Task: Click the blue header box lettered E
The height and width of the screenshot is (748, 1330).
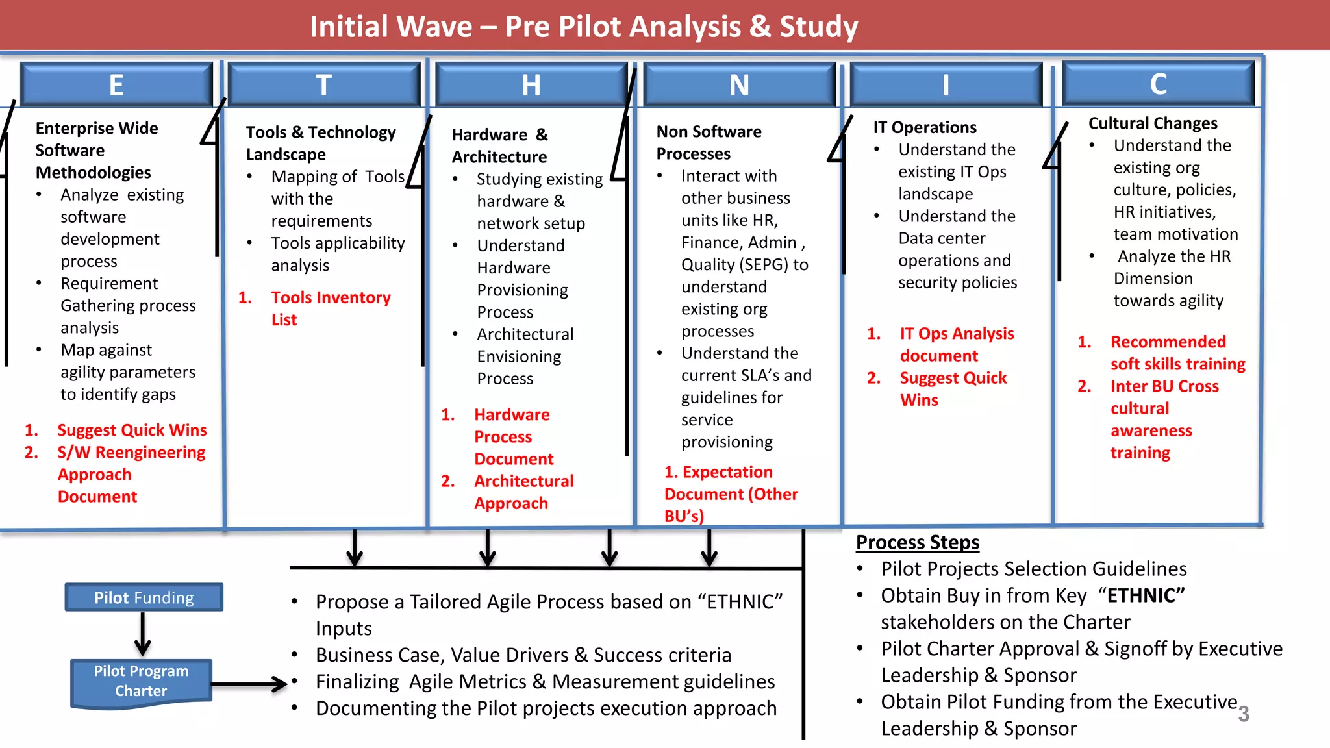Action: point(117,85)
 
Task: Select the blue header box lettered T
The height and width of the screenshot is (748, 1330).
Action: point(323,85)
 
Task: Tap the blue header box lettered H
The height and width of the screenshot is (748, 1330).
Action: point(531,85)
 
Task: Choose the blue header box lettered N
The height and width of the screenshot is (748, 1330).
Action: point(738,85)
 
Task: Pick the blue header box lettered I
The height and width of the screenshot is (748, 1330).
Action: point(945,85)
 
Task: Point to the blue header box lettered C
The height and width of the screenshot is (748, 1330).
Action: point(1158,84)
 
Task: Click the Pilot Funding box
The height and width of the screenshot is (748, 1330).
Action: point(144,597)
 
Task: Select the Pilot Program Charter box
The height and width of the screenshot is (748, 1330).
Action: point(141,681)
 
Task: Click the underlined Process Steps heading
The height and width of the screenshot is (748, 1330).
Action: point(917,542)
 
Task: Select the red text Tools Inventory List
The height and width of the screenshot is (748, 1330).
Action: point(330,308)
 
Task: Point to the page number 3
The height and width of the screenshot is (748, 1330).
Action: point(1243,714)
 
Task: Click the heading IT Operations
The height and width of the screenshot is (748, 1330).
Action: point(924,127)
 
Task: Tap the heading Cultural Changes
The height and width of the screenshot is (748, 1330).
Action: point(1153,123)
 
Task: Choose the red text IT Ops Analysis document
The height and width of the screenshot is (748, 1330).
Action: point(956,344)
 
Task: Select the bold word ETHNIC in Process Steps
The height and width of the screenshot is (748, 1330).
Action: point(1146,595)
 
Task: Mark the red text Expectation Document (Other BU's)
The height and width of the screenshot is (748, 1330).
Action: point(731,493)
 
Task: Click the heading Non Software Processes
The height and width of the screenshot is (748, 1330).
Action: point(709,142)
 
